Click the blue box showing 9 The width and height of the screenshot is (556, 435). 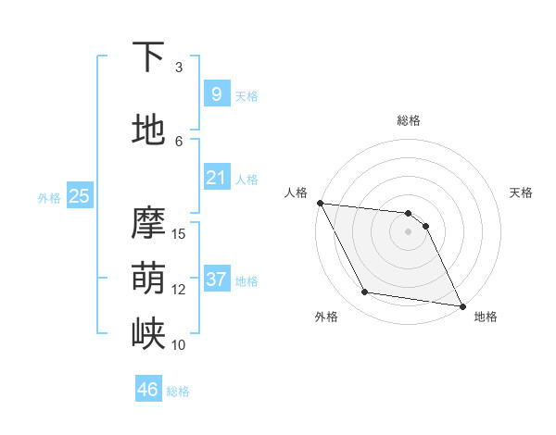(216, 93)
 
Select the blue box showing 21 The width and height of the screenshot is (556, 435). (216, 177)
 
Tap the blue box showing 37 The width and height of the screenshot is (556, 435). (216, 279)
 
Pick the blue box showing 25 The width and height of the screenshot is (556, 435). (79, 195)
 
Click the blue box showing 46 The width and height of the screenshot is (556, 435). (147, 390)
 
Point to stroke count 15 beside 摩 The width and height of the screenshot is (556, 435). (180, 233)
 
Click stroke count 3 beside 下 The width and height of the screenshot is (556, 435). (179, 67)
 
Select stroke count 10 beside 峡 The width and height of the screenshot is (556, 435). (180, 344)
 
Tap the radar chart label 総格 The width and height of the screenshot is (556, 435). (409, 120)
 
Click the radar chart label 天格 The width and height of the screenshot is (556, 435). (521, 193)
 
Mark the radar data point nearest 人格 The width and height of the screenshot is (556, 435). (320, 203)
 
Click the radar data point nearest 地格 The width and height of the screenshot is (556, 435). (462, 305)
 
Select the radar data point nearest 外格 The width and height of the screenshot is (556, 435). (365, 292)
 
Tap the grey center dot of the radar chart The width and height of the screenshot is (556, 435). (409, 231)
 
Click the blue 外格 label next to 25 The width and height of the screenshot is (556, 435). (49, 197)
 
